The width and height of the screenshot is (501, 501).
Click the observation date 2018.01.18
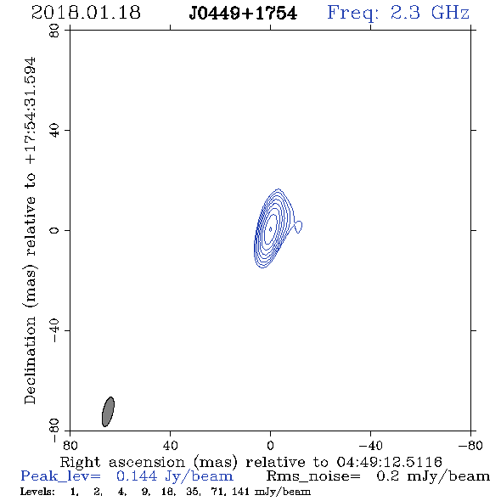click(86, 13)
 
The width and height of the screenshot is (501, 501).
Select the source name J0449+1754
click(243, 14)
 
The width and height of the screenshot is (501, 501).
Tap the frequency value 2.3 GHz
click(430, 13)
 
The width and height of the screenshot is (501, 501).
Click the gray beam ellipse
click(108, 412)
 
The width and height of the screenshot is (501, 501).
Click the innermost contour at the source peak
click(270, 229)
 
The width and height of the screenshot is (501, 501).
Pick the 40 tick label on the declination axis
click(54, 131)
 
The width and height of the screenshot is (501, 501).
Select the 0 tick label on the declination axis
click(54, 230)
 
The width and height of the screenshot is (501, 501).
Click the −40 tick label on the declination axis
click(54, 330)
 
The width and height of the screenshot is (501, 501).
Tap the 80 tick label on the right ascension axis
click(70, 445)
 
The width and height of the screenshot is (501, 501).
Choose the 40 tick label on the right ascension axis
click(171, 445)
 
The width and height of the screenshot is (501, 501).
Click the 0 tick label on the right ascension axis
click(270, 445)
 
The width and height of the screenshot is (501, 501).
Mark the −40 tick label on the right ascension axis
click(370, 445)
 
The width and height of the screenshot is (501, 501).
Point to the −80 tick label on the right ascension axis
click(470, 445)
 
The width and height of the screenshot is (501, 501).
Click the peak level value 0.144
click(137, 476)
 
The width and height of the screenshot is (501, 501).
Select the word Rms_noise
click(313, 476)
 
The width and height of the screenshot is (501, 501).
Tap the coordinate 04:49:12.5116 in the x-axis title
click(390, 462)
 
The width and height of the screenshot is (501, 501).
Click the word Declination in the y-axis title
click(30, 361)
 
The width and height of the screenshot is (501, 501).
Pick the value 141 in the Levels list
click(241, 491)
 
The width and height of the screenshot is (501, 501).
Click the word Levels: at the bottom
click(37, 491)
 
